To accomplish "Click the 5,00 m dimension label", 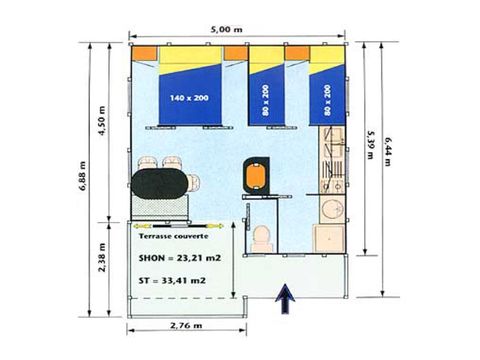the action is (x=226, y=29).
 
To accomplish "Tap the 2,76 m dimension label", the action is (x=186, y=325).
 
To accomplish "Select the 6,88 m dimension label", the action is (x=82, y=176).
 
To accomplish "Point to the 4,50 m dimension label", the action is (x=102, y=120).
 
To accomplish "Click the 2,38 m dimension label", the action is (x=102, y=257).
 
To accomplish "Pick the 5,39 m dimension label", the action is (x=370, y=144).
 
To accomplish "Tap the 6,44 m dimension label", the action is (x=387, y=152).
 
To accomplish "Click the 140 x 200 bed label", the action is (x=189, y=98).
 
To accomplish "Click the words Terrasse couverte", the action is (x=173, y=236).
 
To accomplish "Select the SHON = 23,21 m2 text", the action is (x=180, y=258).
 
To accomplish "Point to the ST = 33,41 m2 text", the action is (x=172, y=280).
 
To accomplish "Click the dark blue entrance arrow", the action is (x=285, y=299).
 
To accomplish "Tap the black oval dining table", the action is (x=160, y=184).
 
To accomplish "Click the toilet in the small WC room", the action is (x=261, y=238).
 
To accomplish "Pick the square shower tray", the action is (x=329, y=239).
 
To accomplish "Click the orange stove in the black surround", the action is (x=256, y=175).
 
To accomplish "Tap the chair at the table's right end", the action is (x=194, y=183).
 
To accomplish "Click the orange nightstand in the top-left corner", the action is (x=145, y=53).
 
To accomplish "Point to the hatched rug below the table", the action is (x=160, y=207).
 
